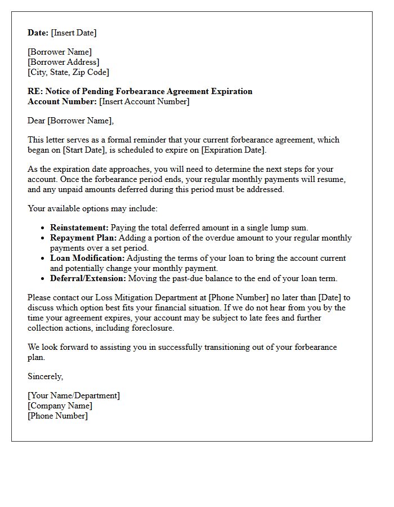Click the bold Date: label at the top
tap(38, 33)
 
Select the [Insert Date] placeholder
tap(74, 33)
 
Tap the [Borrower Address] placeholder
tap(64, 62)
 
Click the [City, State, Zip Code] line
tap(68, 72)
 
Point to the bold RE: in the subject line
tap(35, 91)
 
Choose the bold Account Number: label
tap(62, 101)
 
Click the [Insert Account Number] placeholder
tap(144, 101)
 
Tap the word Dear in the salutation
tap(37, 121)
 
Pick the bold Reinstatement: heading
tap(79, 228)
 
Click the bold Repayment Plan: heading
tap(83, 238)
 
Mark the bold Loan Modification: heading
tap(87, 258)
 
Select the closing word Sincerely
tap(45, 376)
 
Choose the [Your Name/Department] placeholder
tap(74, 395)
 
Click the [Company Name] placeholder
tap(60, 406)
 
